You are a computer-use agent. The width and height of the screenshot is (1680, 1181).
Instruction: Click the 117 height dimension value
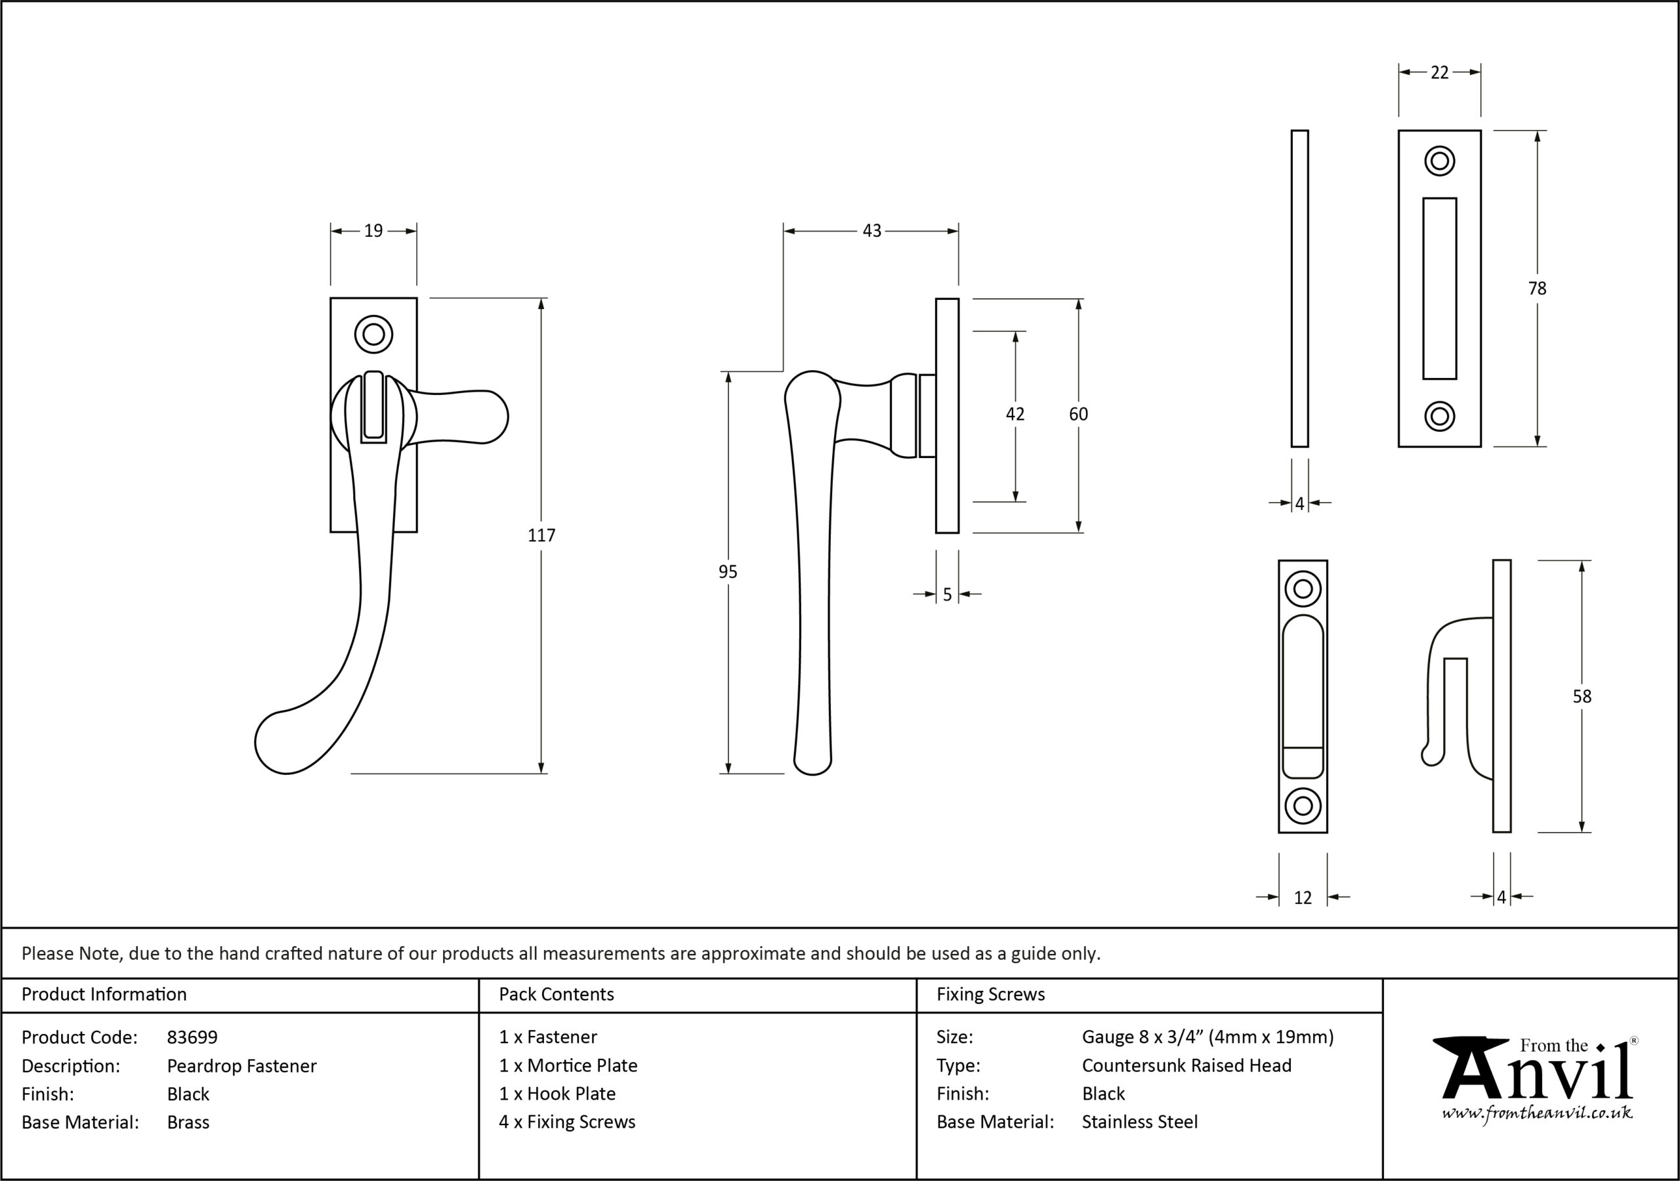point(541,535)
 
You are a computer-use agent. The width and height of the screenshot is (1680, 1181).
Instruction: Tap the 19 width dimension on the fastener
point(373,231)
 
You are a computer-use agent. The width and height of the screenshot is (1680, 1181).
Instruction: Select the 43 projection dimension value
point(871,231)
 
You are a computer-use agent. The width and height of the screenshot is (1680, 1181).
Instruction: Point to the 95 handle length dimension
point(727,572)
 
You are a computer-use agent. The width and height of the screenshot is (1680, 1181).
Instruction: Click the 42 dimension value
point(1015,414)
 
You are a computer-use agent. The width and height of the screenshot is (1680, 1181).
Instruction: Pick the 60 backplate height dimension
point(1078,414)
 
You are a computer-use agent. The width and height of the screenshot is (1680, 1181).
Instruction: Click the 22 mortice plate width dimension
point(1439,72)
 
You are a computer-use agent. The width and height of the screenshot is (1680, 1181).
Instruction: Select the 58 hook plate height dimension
point(1582,697)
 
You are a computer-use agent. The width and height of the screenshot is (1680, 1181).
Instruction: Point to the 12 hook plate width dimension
point(1303,898)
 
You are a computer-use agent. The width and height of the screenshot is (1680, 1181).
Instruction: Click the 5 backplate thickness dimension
point(947,595)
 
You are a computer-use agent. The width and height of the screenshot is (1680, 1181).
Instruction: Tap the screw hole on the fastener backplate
point(373,335)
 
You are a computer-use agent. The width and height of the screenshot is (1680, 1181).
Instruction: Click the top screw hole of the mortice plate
point(1439,161)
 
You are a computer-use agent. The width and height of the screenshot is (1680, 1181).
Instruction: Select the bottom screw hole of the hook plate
point(1303,806)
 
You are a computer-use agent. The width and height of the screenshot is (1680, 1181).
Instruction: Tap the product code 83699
point(192,1037)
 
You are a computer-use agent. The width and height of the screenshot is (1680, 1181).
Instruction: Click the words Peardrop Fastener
point(241,1066)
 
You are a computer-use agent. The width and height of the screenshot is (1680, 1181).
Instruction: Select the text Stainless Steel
point(1139,1122)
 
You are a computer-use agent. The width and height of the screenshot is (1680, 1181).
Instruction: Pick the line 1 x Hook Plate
point(558,1094)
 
